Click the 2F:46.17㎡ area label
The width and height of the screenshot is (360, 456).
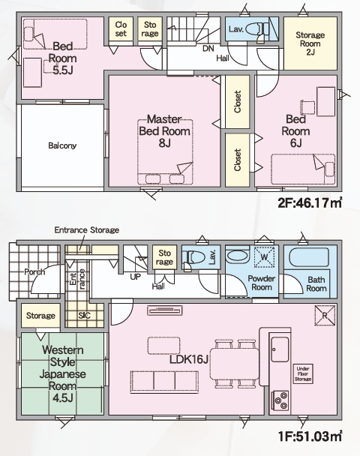pyautogui.click(x=310, y=203)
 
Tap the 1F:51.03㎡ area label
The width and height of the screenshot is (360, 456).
pyautogui.click(x=310, y=436)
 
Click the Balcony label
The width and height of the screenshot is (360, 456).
pyautogui.click(x=62, y=145)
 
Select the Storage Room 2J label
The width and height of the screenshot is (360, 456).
pyautogui.click(x=310, y=43)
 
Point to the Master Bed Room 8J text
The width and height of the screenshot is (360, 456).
pyautogui.click(x=164, y=130)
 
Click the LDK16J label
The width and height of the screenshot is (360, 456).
pyautogui.click(x=189, y=360)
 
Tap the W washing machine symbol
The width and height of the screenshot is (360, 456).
pyautogui.click(x=264, y=257)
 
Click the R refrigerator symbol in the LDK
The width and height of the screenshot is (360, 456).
pyautogui.click(x=325, y=315)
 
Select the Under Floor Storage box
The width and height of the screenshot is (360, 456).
pyautogui.click(x=303, y=373)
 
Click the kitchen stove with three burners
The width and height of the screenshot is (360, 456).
pyautogui.click(x=280, y=400)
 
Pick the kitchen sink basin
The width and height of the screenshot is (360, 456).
pyautogui.click(x=280, y=349)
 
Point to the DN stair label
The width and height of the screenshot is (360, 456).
pyautogui.click(x=208, y=48)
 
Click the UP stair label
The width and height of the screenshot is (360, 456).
pyautogui.click(x=135, y=277)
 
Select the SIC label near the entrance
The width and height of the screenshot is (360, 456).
pyautogui.click(x=84, y=315)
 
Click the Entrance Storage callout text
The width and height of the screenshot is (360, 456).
pyautogui.click(x=87, y=230)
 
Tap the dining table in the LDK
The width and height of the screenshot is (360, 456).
pyautogui.click(x=235, y=364)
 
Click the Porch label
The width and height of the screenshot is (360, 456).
pyautogui.click(x=34, y=272)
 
